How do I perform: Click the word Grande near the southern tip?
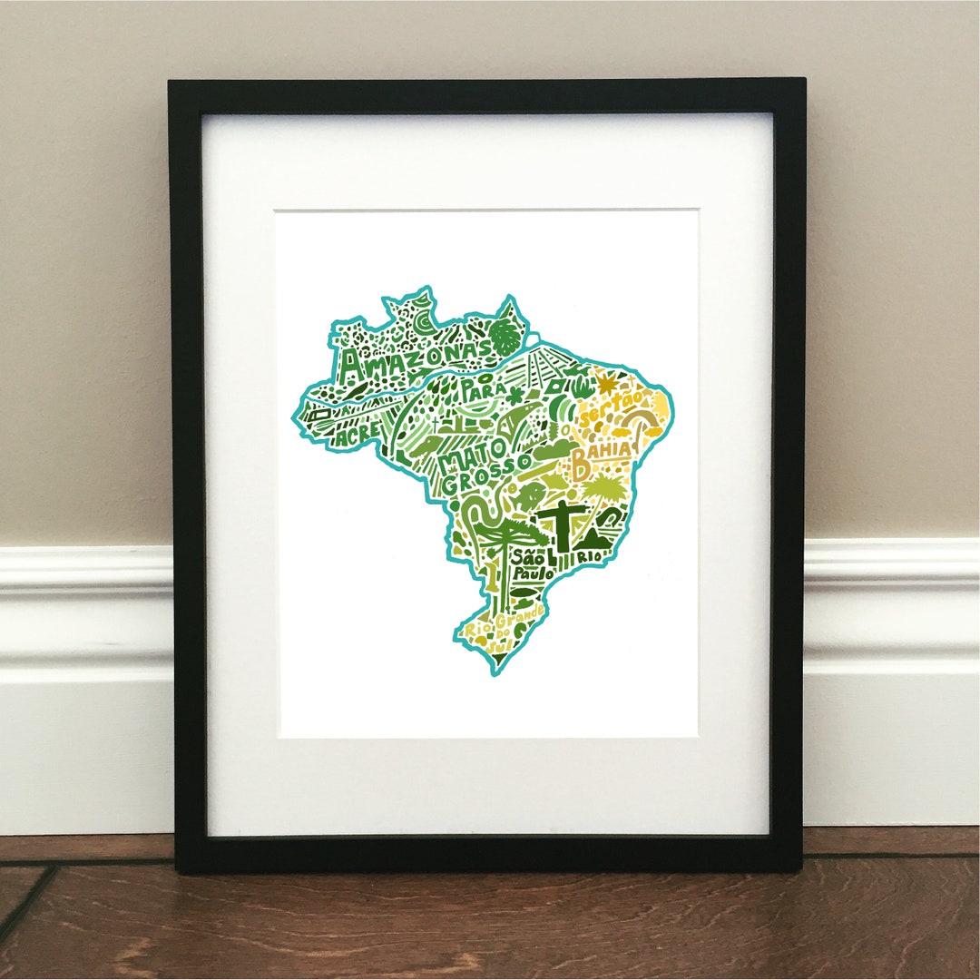[x=519, y=620]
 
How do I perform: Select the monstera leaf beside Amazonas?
[x=504, y=338]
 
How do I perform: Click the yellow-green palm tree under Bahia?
[x=600, y=491]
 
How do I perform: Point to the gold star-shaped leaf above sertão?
[x=605, y=384]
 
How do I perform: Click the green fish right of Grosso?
[x=529, y=495]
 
